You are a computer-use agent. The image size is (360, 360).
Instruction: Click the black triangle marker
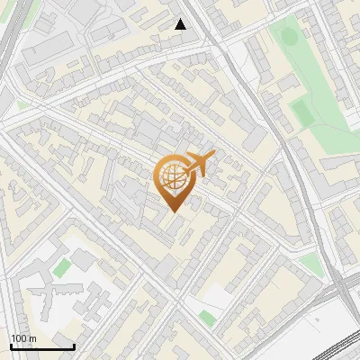click(181, 24)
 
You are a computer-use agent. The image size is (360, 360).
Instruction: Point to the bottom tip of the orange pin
click(174, 211)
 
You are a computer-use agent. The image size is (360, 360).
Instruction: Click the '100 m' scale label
click(22, 338)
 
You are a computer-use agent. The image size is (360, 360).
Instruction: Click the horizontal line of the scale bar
click(42, 346)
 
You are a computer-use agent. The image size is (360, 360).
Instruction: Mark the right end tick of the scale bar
click(75, 346)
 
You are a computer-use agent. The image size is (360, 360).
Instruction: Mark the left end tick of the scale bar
click(10, 346)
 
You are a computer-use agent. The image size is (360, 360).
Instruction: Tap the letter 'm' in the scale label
click(32, 338)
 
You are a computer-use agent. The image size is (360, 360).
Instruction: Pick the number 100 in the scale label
click(19, 338)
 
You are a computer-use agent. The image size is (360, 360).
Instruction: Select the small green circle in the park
click(288, 37)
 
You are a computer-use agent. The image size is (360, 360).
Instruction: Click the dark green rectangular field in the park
click(302, 112)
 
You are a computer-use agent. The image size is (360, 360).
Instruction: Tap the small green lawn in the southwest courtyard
click(60, 268)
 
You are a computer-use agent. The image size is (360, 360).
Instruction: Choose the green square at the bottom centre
click(208, 319)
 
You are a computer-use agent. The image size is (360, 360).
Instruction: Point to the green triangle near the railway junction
click(310, 263)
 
